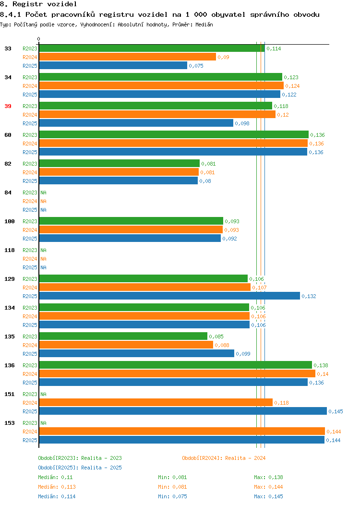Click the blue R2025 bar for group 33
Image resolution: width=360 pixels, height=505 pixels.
coord(113,65)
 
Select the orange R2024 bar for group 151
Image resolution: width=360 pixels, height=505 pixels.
coord(156,402)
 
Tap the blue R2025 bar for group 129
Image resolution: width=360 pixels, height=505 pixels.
coord(170,296)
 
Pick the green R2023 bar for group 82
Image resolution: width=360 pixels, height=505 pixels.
coord(120,163)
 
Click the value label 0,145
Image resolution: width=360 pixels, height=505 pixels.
coord(336,411)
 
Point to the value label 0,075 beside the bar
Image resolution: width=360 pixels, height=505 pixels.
coord(196,66)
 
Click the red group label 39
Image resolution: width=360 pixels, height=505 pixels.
coord(8,106)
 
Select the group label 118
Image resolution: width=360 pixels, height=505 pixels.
coord(10,250)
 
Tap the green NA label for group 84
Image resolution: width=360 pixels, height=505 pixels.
coord(44,192)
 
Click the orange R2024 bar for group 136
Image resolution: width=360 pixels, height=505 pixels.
coord(178,373)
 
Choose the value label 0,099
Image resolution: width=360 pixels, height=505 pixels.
coord(243,354)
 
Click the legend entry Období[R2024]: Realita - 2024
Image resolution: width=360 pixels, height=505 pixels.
coord(224,458)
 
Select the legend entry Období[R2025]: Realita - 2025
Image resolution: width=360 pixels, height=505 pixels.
coord(80,468)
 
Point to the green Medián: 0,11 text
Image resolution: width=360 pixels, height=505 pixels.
coord(55,477)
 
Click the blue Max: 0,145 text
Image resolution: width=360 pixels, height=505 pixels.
coord(268,496)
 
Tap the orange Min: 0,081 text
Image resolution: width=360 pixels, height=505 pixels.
coord(172,487)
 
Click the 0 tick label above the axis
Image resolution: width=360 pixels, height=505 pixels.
coord(39,39)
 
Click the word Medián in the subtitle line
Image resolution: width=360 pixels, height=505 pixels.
coord(204,24)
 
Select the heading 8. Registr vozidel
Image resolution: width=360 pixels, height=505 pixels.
coord(38,4)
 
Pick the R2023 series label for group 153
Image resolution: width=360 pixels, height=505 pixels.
coord(30,423)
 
